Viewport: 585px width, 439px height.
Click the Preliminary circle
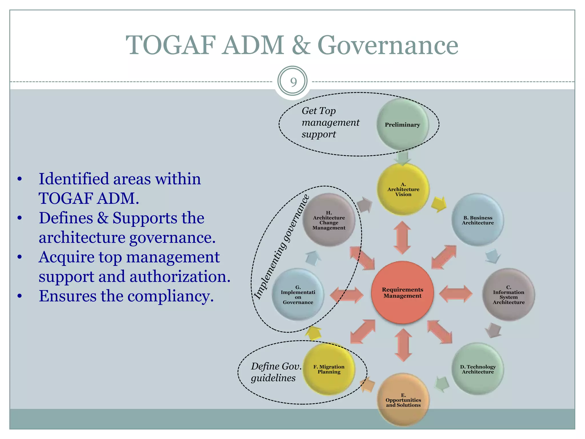(402, 125)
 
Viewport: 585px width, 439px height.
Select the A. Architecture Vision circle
(403, 189)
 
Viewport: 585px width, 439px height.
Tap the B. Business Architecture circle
(478, 220)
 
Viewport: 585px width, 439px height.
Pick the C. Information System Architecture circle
(508, 295)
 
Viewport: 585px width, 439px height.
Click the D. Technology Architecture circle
(478, 369)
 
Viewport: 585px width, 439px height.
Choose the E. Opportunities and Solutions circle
(403, 400)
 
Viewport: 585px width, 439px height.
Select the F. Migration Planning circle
(329, 369)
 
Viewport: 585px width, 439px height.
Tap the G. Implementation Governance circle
(298, 295)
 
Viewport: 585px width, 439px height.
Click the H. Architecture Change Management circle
(329, 220)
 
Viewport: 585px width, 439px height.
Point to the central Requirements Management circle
(402, 293)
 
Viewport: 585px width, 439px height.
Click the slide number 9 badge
(292, 82)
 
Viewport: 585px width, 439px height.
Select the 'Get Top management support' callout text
(330, 122)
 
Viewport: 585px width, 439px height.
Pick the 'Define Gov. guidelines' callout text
(276, 372)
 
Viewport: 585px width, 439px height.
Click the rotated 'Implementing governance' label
(282, 247)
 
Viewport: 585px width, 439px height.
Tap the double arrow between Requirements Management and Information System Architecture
(456, 294)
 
